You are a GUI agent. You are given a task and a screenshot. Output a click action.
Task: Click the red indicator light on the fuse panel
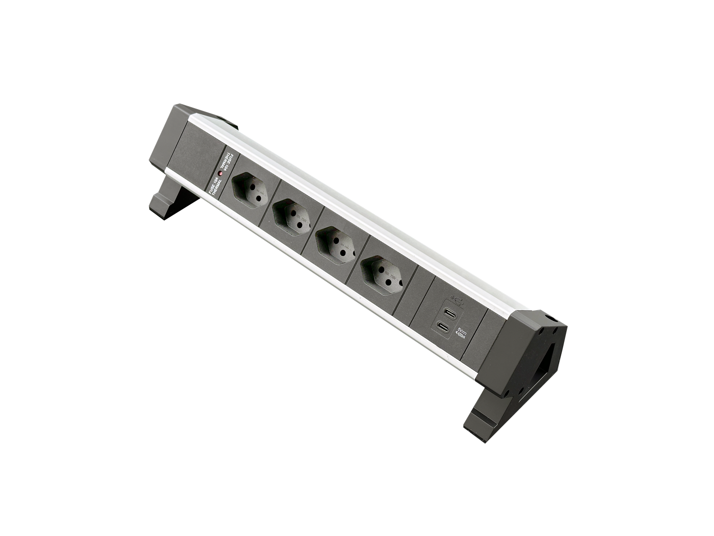point(220,174)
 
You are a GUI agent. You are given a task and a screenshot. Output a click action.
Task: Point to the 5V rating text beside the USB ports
point(461,334)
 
